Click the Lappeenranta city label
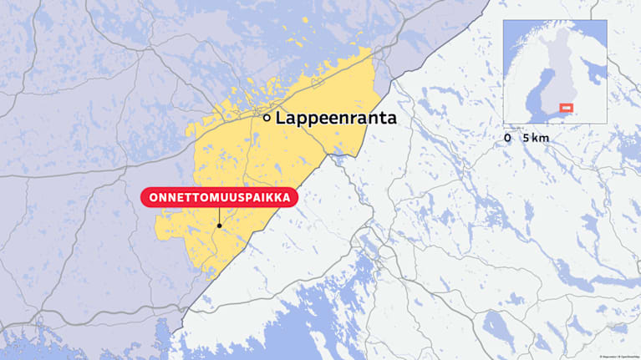[x=336, y=119]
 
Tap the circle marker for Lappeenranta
[x=267, y=119]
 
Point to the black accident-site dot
[x=219, y=225]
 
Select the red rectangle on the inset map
[x=566, y=108]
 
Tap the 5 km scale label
[x=535, y=137]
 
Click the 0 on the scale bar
[x=508, y=137]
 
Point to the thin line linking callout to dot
[x=219, y=215]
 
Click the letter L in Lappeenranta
[x=281, y=119]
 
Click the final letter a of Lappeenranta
[x=391, y=119]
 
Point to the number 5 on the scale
[x=525, y=137]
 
